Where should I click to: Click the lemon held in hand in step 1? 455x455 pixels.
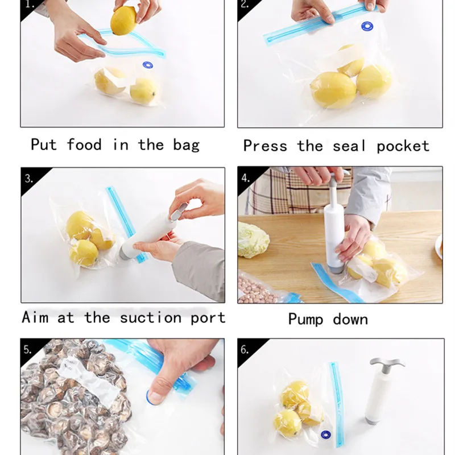123,20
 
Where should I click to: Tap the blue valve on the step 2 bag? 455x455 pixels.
367,26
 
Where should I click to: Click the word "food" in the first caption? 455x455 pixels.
84,144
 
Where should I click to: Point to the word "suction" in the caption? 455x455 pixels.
151,317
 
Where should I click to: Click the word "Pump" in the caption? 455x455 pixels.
305,320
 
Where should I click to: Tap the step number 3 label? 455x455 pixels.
29,179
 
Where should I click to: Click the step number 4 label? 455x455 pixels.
246,177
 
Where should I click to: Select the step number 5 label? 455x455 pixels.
27,349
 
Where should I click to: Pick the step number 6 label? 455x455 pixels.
245,349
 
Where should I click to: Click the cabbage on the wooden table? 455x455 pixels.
253,239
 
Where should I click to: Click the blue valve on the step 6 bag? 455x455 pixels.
326,435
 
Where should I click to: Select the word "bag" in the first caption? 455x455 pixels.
187,145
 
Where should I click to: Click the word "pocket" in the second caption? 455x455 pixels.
403,146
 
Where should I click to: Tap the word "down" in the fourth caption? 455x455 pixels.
350,319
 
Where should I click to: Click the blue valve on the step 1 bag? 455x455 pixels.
148,65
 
